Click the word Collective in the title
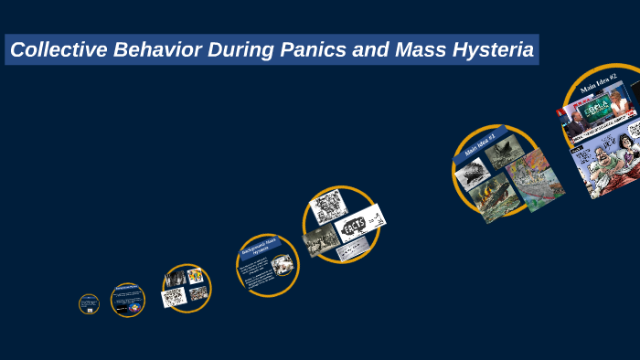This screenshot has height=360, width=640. (58, 50)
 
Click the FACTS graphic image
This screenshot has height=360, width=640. (359, 222)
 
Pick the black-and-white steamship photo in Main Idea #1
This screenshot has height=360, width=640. (473, 172)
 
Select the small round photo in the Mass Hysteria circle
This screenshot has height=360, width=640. (283, 265)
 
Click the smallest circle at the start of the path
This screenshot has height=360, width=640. (89, 304)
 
